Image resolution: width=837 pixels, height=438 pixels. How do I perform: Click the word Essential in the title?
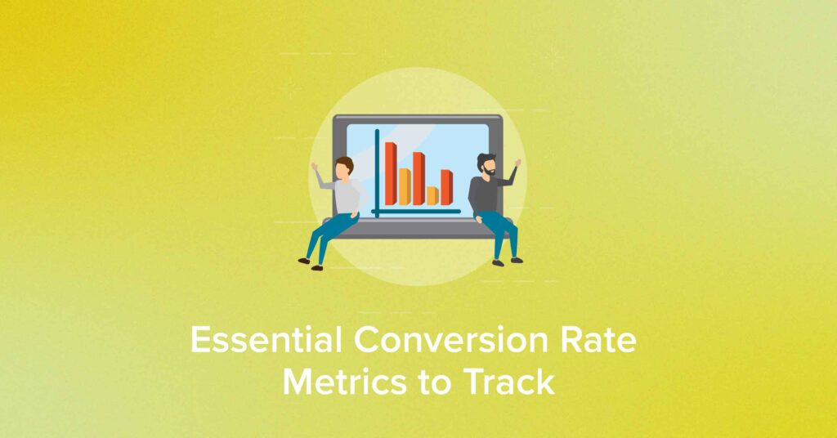point(266,340)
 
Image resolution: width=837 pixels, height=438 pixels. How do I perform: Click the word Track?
point(509,382)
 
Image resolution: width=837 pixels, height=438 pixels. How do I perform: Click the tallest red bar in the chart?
point(392,174)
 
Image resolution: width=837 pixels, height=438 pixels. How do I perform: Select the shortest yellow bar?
point(433,196)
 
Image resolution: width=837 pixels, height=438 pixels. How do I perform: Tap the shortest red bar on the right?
point(447,187)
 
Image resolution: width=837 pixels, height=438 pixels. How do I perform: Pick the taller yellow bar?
point(405,187)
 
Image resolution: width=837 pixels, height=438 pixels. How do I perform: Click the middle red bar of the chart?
point(419,179)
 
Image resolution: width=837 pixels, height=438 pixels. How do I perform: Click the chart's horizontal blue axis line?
point(416,212)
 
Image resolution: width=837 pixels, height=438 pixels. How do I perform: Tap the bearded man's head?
point(486,165)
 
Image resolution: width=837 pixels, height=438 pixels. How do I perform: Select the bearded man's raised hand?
point(517,162)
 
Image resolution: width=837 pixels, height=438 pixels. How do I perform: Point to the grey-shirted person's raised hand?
point(315,167)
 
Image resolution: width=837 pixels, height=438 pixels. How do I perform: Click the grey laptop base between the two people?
point(417,228)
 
